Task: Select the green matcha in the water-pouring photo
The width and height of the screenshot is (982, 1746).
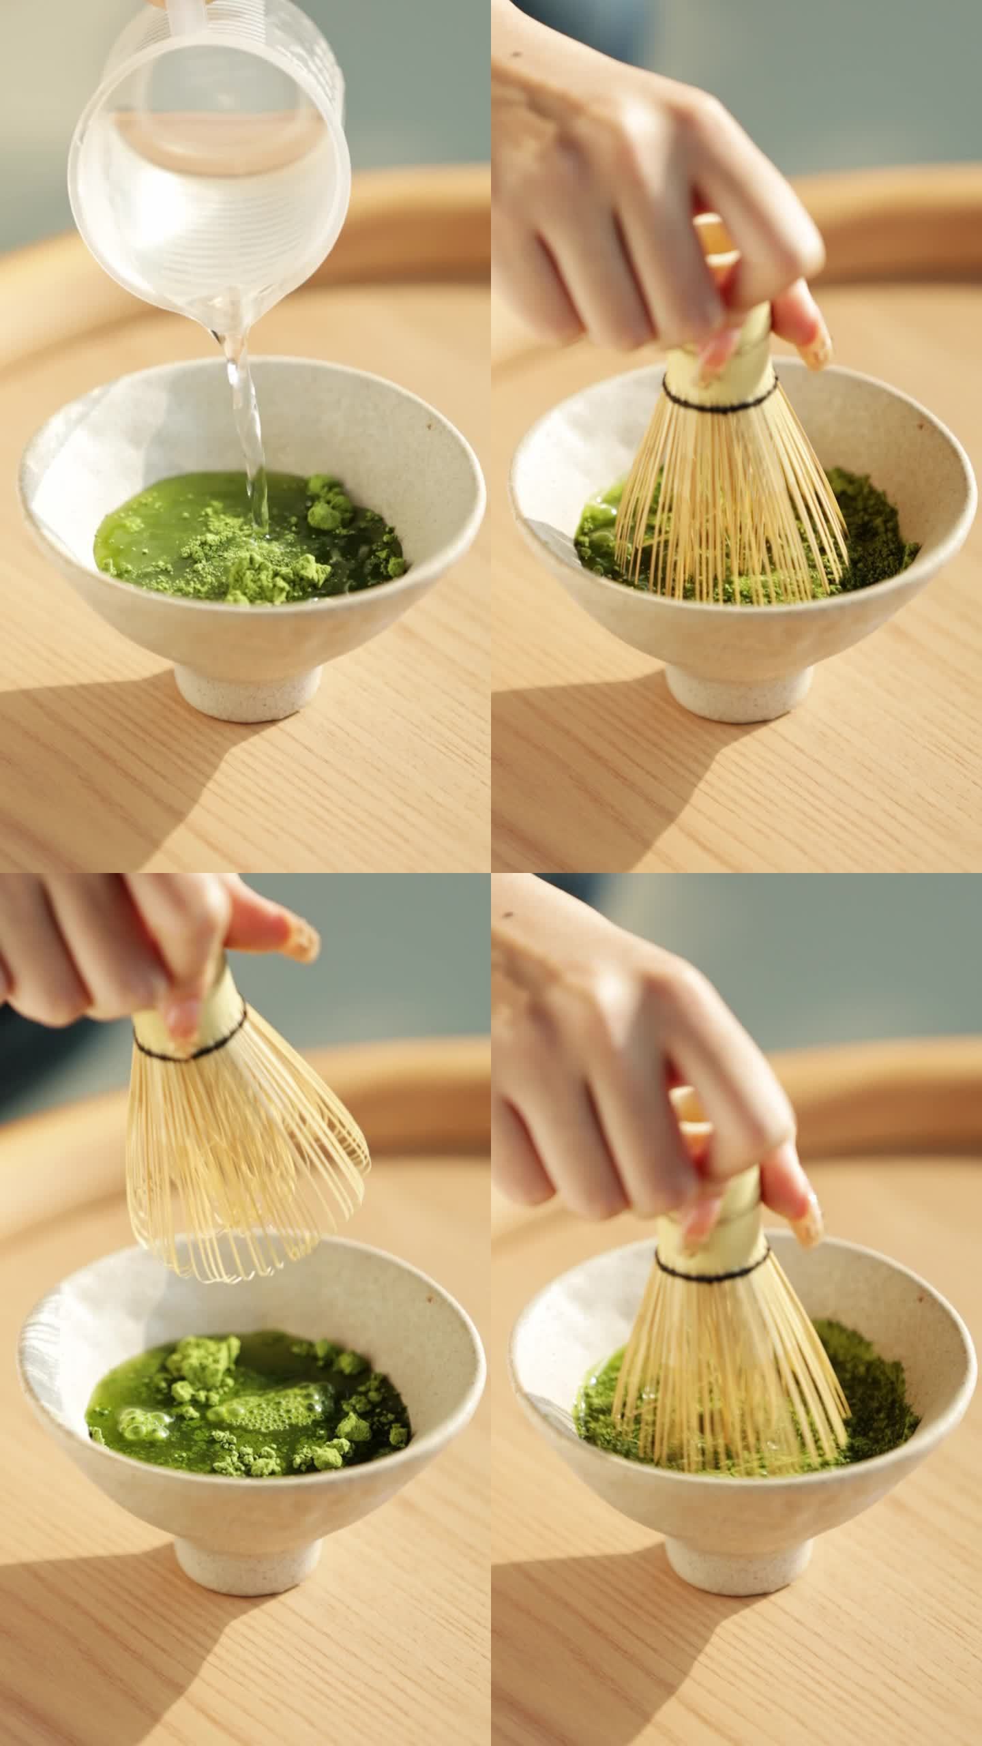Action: pos(252,539)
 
